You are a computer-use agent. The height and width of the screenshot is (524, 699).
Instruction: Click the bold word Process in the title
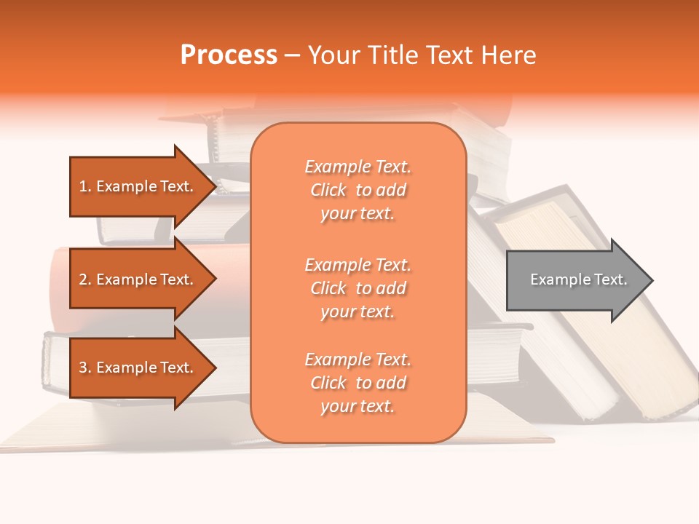pyautogui.click(x=229, y=55)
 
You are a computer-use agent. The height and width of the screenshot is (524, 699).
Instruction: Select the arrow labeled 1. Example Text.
pyautogui.click(x=138, y=186)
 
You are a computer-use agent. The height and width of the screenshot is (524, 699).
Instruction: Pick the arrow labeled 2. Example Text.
pyautogui.click(x=138, y=279)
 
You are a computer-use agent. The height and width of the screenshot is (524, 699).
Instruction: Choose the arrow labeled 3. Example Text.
pyautogui.click(x=138, y=368)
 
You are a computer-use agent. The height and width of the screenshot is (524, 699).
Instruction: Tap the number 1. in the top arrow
pyautogui.click(x=85, y=186)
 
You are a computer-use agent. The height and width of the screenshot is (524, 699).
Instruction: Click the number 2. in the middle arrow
pyautogui.click(x=85, y=279)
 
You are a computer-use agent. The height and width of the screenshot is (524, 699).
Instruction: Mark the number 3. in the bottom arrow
pyautogui.click(x=85, y=368)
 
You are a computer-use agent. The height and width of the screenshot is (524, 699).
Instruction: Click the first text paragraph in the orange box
pyautogui.click(x=358, y=190)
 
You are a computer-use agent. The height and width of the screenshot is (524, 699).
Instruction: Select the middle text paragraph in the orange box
pyautogui.click(x=358, y=288)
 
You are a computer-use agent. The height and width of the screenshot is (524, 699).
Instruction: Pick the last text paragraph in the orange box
pyautogui.click(x=358, y=383)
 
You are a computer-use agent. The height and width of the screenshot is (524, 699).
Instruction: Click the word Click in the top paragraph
pyautogui.click(x=328, y=190)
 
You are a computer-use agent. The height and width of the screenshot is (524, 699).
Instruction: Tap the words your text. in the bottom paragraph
pyautogui.click(x=358, y=406)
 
